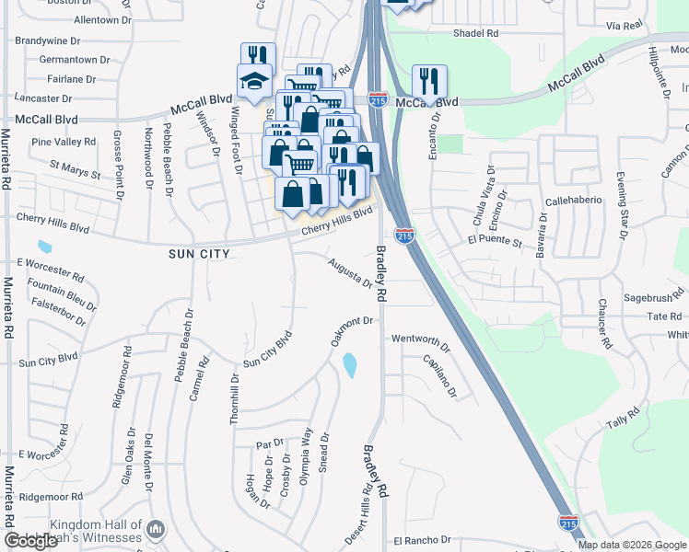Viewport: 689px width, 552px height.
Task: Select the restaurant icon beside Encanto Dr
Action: click(429, 81)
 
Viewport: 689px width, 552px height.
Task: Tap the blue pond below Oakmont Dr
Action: click(350, 365)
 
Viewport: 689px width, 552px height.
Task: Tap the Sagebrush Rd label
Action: click(650, 298)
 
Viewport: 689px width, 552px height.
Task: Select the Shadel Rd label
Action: click(475, 33)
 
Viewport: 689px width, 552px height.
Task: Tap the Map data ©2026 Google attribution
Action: click(632, 545)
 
